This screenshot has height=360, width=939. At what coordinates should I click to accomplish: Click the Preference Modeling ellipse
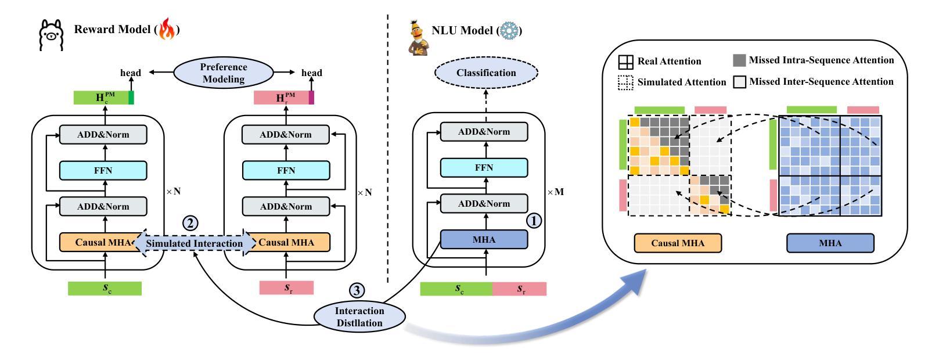tap(224, 73)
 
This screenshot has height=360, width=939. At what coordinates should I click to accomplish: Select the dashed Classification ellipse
tap(486, 73)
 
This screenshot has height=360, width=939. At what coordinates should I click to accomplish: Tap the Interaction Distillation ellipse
tap(359, 316)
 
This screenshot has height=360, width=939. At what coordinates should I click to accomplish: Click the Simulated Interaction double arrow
tap(195, 243)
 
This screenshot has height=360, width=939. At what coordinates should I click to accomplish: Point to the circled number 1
tap(534, 221)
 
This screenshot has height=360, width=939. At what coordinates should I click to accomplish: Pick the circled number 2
tap(190, 223)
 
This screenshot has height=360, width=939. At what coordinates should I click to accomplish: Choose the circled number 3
tap(357, 289)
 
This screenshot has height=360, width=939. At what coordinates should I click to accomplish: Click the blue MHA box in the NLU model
tap(484, 240)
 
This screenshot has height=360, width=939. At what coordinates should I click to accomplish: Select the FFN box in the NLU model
tap(484, 168)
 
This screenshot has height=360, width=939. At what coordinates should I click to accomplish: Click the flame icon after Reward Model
tap(167, 30)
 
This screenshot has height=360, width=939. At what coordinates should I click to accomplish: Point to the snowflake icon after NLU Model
tap(509, 30)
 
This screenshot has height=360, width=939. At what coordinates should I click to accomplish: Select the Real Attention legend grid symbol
tap(625, 62)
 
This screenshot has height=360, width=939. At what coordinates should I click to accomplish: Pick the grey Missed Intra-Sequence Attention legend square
tap(739, 60)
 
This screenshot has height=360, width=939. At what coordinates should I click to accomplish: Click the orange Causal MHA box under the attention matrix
tap(678, 243)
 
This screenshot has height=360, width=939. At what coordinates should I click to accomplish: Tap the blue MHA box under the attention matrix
tap(830, 243)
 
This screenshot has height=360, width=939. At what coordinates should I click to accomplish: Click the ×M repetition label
tap(556, 192)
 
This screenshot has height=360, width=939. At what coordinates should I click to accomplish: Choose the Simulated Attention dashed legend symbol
tap(625, 83)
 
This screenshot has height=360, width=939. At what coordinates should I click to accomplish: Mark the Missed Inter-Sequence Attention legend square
tap(739, 82)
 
